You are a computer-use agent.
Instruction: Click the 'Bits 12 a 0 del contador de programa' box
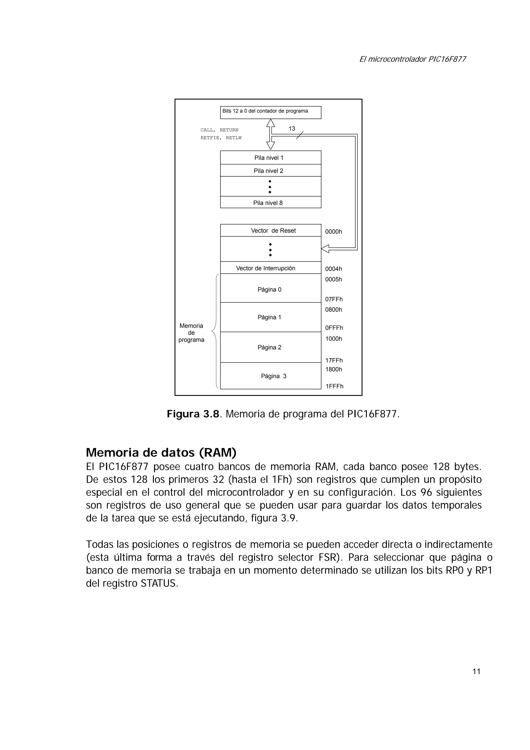[270, 112]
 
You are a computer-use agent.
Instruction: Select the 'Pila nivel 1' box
[270, 157]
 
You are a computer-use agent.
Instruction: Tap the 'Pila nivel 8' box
[270, 202]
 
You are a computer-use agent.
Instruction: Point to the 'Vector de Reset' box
[270, 230]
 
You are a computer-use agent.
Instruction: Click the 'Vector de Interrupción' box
[270, 268]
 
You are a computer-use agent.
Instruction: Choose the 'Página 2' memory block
[270, 347]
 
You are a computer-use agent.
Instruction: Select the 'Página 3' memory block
[270, 376]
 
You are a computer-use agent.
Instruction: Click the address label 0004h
[333, 269]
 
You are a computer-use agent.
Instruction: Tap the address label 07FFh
[334, 299]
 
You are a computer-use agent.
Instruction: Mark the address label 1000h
[333, 339]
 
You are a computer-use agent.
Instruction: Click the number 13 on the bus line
[292, 129]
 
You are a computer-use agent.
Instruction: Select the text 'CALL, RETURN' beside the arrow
[219, 130]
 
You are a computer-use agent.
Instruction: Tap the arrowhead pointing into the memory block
[325, 249]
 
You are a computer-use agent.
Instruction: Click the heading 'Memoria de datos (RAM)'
[161, 453]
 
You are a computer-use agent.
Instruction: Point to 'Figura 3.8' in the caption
[193, 414]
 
